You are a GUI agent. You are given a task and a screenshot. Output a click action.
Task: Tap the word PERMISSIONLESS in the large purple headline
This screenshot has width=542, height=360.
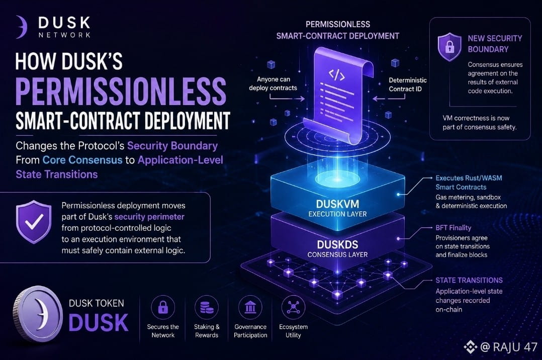121,91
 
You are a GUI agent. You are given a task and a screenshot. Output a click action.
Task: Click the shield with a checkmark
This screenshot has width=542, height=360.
34,222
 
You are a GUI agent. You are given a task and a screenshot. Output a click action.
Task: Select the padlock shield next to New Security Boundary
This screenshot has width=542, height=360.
449,47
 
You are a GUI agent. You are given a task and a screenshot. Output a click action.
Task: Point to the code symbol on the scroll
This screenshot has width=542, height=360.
336,74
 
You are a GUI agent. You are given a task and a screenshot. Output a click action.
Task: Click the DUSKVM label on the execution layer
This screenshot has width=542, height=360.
338,204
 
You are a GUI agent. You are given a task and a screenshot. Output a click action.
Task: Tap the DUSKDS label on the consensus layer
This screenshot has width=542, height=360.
338,244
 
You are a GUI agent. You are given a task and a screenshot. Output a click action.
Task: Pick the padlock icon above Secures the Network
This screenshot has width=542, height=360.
163,307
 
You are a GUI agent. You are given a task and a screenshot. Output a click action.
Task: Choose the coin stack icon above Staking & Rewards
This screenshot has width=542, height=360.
207,307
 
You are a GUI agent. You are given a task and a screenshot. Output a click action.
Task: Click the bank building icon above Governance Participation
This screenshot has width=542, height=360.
250,307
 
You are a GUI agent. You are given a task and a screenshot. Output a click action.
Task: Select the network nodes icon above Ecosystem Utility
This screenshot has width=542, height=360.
293,307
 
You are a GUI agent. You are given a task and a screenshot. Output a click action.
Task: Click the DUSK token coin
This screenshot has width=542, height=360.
38,314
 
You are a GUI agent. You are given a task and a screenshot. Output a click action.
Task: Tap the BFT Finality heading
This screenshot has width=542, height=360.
453,228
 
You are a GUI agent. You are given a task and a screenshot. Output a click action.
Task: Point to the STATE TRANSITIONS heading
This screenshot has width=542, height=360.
469,280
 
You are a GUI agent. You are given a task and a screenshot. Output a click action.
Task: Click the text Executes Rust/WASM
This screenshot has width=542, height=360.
469,178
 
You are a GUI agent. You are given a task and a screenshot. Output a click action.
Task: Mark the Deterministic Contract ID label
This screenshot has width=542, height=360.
408,84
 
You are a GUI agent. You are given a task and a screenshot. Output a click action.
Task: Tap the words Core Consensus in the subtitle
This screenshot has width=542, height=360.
82,160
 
